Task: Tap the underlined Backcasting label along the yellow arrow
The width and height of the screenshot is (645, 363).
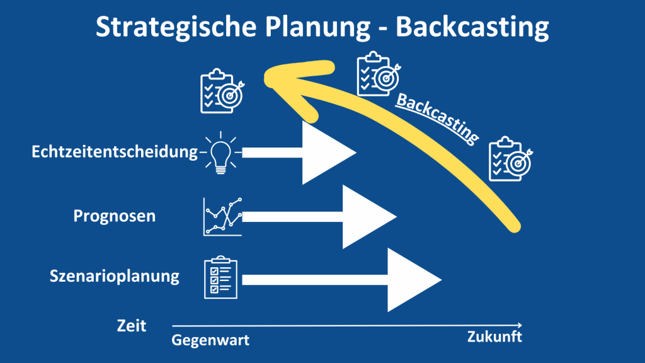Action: pyautogui.click(x=436, y=115)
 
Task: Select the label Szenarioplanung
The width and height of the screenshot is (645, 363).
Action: pyautogui.click(x=115, y=276)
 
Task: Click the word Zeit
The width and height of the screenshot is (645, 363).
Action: pyautogui.click(x=132, y=326)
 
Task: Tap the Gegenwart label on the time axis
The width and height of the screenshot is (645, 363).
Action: pyautogui.click(x=210, y=341)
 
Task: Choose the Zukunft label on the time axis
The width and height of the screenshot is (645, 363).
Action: pyautogui.click(x=494, y=337)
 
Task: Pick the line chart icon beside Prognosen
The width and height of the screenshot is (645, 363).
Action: pyautogui.click(x=222, y=217)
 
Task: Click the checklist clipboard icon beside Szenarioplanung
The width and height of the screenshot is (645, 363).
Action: pyautogui.click(x=220, y=277)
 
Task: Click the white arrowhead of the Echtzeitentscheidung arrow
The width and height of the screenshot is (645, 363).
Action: pyautogui.click(x=325, y=153)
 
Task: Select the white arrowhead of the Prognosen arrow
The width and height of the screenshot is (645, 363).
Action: pyautogui.click(x=365, y=217)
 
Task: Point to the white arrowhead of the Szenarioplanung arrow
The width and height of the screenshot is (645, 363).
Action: pyautogui.click(x=410, y=280)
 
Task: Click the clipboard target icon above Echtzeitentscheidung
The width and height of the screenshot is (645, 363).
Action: pyautogui.click(x=221, y=92)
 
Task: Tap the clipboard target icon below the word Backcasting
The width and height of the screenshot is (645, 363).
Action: pyautogui.click(x=511, y=158)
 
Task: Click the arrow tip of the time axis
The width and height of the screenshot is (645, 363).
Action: pyautogui.click(x=521, y=325)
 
